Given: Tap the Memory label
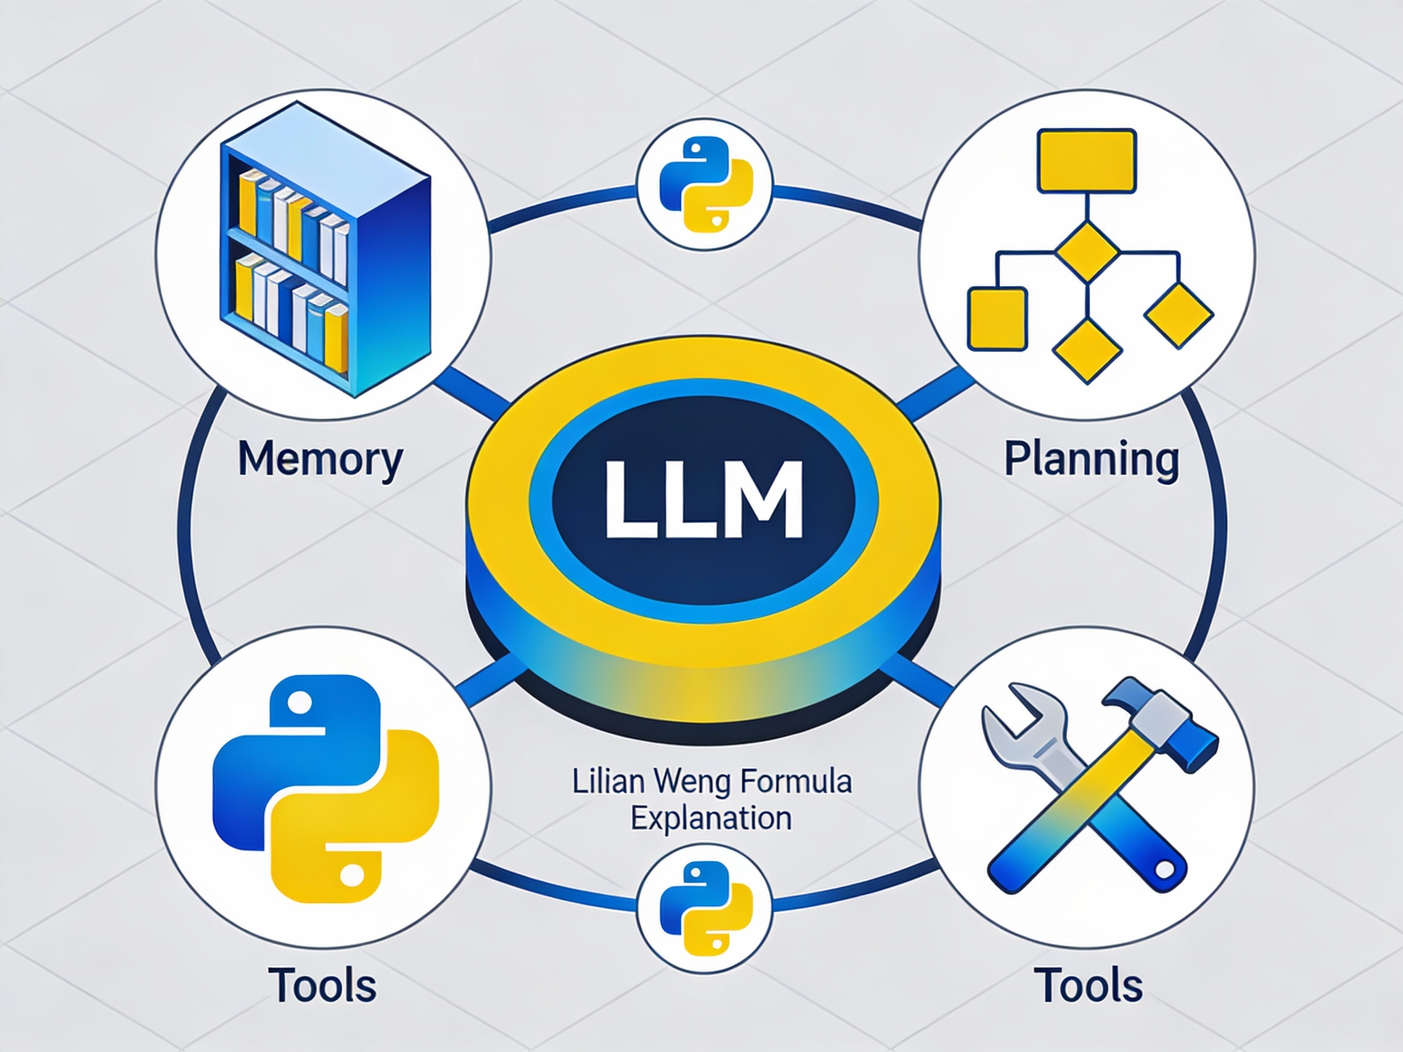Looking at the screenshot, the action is [320, 459].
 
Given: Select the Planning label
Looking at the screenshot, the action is [1092, 459].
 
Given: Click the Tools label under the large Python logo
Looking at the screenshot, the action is [322, 985].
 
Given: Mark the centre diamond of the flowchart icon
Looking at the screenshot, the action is [1086, 252].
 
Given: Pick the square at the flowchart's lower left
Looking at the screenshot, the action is [997, 319].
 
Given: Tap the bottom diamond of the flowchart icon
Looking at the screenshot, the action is [1086, 351].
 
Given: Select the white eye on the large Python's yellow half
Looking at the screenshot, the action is [352, 874].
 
